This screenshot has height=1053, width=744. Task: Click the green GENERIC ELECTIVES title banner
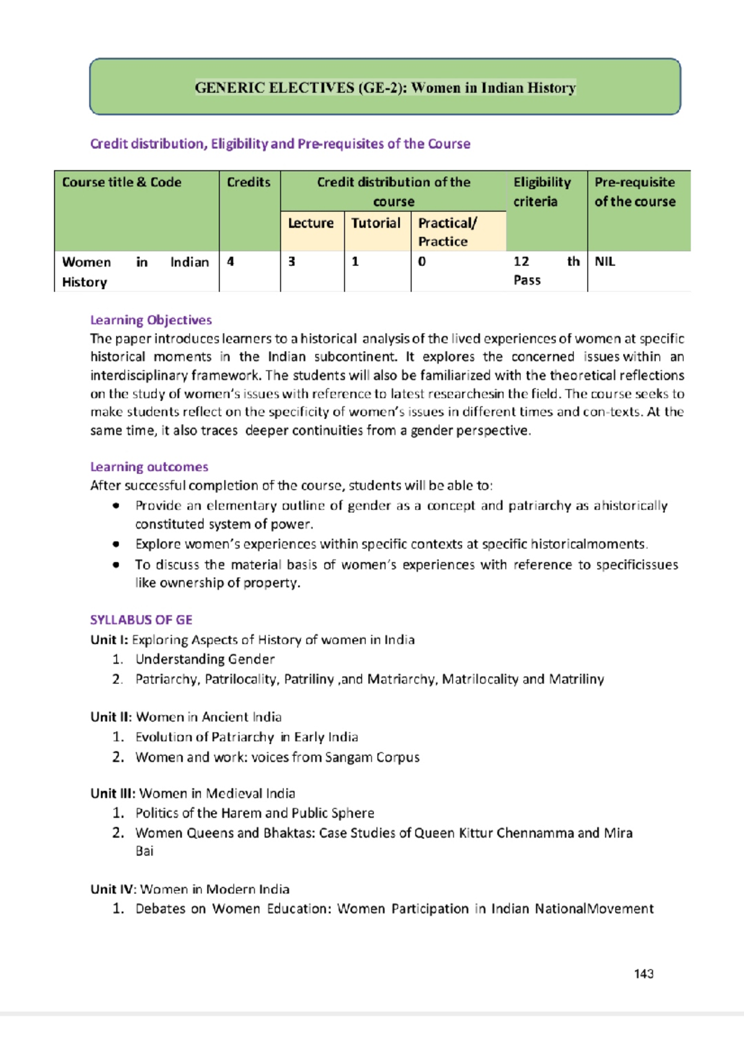(x=385, y=87)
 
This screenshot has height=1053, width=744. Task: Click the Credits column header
(x=249, y=182)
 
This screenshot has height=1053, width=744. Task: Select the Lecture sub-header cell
(x=311, y=223)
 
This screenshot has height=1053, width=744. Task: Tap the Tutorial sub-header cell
(x=376, y=223)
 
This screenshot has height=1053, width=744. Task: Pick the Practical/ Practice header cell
(x=447, y=232)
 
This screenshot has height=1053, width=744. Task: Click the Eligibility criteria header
(x=541, y=192)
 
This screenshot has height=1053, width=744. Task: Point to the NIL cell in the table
(x=604, y=262)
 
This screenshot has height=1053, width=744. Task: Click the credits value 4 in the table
(x=231, y=262)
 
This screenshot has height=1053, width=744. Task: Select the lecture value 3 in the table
(x=291, y=262)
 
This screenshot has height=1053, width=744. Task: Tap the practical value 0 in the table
(x=422, y=262)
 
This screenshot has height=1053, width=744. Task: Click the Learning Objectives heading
(x=151, y=320)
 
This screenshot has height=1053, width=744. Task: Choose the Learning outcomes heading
(x=149, y=467)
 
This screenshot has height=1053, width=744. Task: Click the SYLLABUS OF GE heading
(x=141, y=620)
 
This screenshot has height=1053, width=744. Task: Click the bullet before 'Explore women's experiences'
(x=116, y=544)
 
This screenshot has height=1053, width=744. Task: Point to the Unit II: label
(x=111, y=717)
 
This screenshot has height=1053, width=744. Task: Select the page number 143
(x=644, y=974)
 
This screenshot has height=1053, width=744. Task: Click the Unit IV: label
(x=113, y=889)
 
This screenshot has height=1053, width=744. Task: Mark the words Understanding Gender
(x=205, y=659)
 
